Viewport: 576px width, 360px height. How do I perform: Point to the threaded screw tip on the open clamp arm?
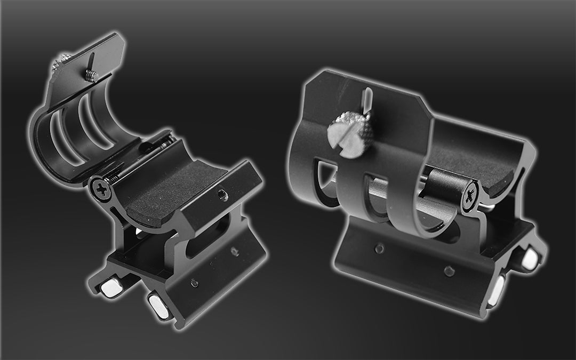(91, 76)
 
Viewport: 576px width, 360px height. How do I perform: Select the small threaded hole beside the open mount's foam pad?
(223, 196)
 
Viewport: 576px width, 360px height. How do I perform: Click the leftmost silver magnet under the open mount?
(112, 289)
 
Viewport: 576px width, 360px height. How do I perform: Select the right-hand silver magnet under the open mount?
(158, 306)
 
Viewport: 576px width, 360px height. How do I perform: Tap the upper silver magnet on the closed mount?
(529, 259)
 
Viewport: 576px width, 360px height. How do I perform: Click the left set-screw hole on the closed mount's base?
(379, 248)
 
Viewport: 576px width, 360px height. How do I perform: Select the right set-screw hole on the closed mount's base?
(449, 271)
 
